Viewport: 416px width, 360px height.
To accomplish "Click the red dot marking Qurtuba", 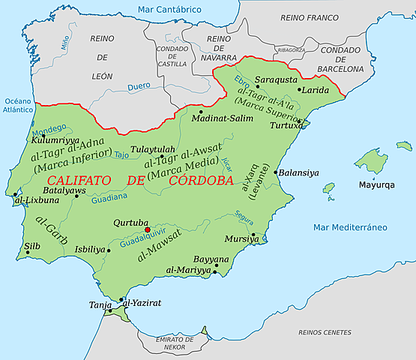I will click(x=148, y=230).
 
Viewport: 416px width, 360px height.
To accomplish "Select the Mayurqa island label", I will click(x=376, y=184).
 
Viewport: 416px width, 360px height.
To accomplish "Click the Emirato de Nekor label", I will click(x=172, y=343).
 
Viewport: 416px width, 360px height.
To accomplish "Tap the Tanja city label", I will click(x=100, y=304).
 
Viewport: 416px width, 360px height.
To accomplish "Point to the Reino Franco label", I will click(x=310, y=16).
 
